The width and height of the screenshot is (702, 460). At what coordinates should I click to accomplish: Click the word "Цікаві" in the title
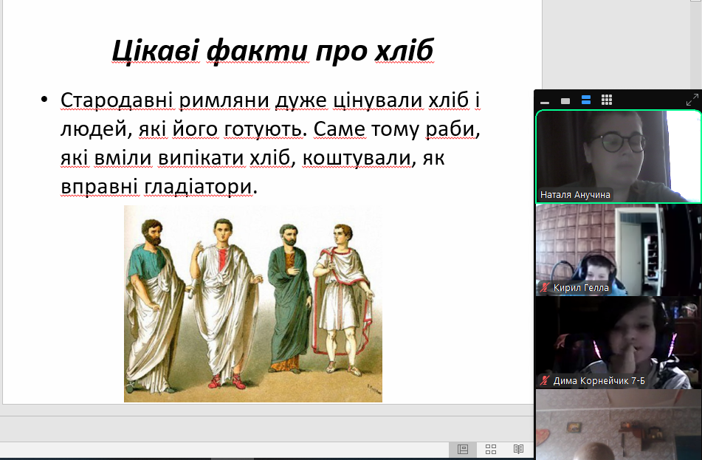(x=155, y=50)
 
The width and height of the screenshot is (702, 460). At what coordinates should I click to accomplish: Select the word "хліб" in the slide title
(x=404, y=50)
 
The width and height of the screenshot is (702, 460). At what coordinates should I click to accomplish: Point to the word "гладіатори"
(x=199, y=187)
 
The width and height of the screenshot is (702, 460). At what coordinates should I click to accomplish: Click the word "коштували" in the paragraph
(x=357, y=158)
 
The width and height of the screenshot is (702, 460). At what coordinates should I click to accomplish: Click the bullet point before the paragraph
(x=44, y=100)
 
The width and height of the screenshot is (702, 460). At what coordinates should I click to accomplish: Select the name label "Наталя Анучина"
(x=575, y=195)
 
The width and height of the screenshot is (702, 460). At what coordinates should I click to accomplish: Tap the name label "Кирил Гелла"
(x=581, y=287)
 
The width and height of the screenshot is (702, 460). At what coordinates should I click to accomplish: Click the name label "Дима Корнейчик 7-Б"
(x=599, y=381)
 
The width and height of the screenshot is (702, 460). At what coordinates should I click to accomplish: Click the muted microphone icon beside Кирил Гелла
(x=545, y=287)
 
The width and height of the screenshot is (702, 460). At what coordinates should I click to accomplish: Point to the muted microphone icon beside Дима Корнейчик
(x=545, y=381)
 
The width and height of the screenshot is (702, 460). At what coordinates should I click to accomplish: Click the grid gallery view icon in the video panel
(x=607, y=100)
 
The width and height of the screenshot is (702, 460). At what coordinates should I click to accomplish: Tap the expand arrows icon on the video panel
(x=692, y=100)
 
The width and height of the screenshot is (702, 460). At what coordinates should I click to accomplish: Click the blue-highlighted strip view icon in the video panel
(x=586, y=100)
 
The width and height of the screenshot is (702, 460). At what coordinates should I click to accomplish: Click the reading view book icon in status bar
(x=518, y=449)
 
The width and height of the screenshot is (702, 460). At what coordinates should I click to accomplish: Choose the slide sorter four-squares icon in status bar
(x=491, y=449)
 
